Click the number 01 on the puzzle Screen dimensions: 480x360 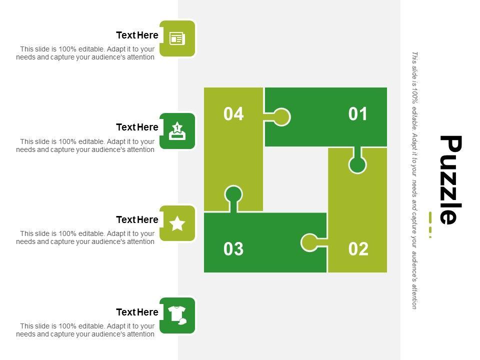point(357,114)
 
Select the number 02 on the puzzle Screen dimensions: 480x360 point(358,249)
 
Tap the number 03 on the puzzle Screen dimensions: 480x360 point(233,249)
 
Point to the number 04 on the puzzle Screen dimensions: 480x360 point(233,114)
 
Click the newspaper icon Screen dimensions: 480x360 point(177,38)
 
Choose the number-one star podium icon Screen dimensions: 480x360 point(177,131)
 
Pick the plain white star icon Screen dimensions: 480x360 point(177,223)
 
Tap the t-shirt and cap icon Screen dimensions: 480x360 point(177,315)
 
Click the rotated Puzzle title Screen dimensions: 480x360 point(450,179)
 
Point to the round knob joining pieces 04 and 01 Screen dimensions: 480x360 point(281,117)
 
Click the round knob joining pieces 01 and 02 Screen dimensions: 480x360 point(357,164)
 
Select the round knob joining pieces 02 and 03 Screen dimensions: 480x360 point(309,242)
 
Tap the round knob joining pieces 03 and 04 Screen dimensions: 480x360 point(233,194)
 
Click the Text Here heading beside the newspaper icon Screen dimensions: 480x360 point(137,35)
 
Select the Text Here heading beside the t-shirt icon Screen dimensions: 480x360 point(137,312)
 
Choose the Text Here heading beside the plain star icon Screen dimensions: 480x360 point(137,219)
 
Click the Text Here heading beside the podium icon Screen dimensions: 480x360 point(137,127)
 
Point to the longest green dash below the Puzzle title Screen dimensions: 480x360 point(430,217)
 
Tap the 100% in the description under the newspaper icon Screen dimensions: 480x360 point(67,49)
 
